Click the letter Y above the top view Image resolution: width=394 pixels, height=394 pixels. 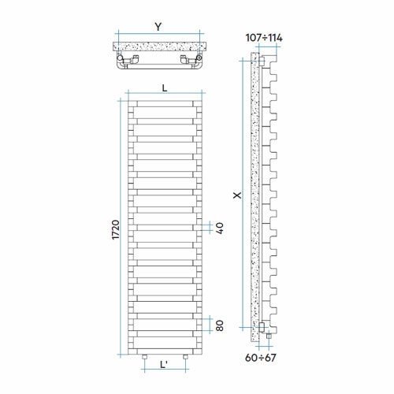158,27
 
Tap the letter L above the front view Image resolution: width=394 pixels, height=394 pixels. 164,88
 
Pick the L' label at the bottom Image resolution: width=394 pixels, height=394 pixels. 165,366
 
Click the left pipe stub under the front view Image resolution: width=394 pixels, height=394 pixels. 144,357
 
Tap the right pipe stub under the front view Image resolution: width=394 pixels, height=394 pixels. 184,357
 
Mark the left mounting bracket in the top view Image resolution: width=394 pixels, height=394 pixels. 135,60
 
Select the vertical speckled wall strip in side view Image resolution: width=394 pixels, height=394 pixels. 255,197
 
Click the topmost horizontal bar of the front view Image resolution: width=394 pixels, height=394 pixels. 164,102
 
